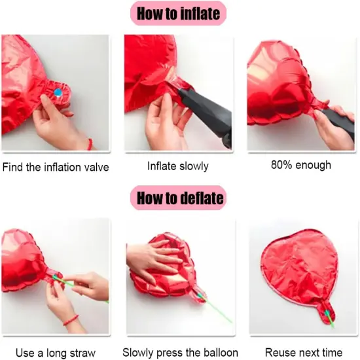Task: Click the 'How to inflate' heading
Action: [x=180, y=13]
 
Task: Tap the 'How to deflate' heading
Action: [x=180, y=197]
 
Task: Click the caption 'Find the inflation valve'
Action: [x=56, y=167]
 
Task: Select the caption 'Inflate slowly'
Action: [x=178, y=166]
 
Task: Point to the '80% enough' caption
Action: [x=300, y=164]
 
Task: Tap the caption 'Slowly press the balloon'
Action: [x=181, y=352]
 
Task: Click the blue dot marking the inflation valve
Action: [x=58, y=93]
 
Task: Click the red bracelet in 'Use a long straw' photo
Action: [x=70, y=321]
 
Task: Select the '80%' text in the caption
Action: [x=281, y=164]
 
